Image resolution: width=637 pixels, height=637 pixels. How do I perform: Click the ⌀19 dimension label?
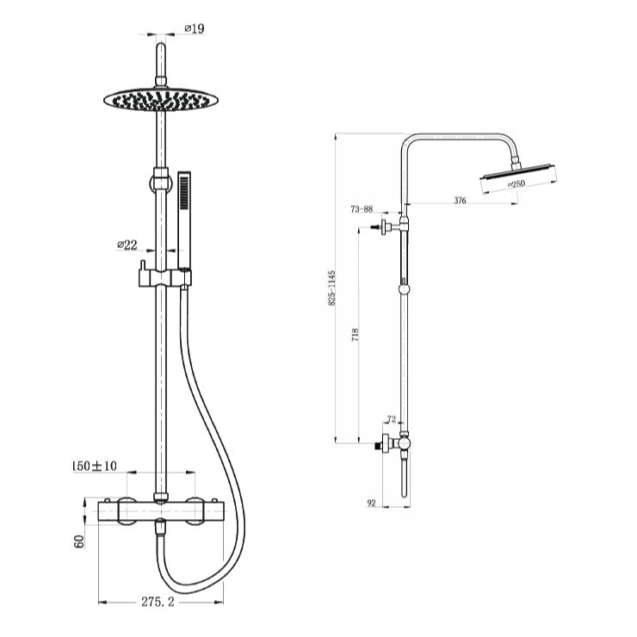coord(195,29)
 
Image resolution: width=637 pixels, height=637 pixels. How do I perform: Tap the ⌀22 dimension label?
coord(127,245)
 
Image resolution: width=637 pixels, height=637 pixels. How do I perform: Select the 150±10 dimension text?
coord(94,466)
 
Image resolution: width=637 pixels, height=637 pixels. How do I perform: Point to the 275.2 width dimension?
coord(158,602)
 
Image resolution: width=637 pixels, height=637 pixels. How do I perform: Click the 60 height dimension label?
coord(79,541)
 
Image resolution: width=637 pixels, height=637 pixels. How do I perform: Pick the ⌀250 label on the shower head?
coord(516,184)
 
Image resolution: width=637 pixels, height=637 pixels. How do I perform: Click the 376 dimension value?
coord(460,201)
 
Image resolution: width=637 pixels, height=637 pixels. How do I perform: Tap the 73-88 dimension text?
coord(362,209)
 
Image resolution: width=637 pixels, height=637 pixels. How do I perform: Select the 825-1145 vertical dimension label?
coord(332,288)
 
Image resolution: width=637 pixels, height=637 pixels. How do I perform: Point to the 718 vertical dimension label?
coord(356,335)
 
